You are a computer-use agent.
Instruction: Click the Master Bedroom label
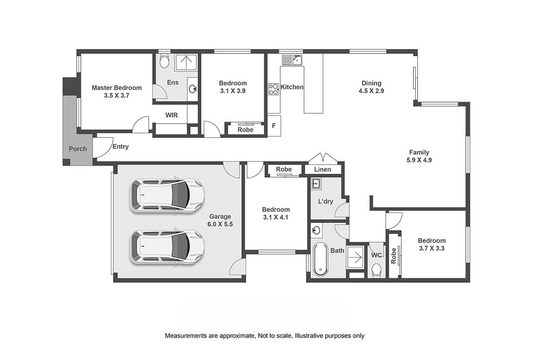coord(116,88)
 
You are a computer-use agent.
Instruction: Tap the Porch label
coord(78,149)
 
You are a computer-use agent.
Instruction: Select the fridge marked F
coord(274,126)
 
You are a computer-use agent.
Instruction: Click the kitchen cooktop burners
coord(274,89)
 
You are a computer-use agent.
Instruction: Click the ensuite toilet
coord(164,61)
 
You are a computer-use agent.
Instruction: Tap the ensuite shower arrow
coord(186,62)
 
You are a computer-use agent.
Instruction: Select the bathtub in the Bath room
coord(320,259)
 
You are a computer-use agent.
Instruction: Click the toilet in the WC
coord(376,271)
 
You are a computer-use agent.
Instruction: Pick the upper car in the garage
coord(167,196)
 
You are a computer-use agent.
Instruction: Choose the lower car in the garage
coord(167,247)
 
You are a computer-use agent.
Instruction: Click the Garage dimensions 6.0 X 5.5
coord(220,224)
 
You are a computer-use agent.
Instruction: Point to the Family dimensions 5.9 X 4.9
coord(419,160)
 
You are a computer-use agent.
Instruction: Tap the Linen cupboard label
coord(323,169)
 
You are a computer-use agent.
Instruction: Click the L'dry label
coord(326,201)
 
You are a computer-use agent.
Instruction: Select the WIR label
coord(172,115)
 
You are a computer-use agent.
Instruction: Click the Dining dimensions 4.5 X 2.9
coord(371,91)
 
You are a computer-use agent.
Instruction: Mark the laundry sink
coord(316,183)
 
